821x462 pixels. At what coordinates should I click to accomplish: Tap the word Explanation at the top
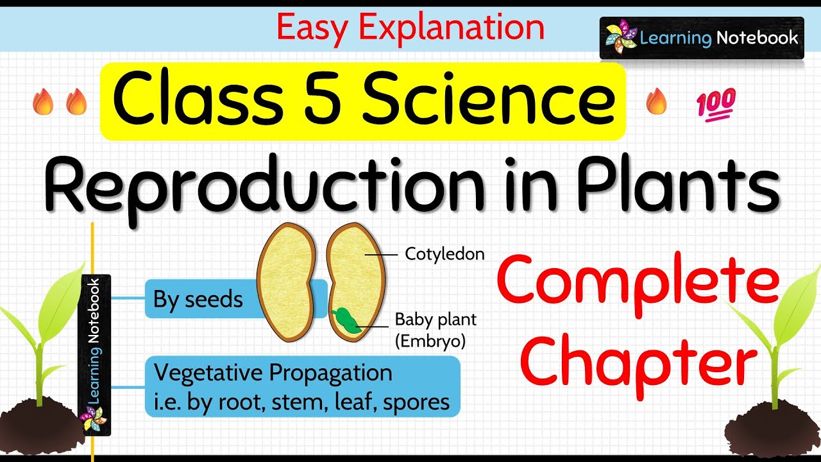coord(452,28)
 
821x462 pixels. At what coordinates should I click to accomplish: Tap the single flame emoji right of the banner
coord(656,102)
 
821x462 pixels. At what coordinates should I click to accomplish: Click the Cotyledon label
coord(444,255)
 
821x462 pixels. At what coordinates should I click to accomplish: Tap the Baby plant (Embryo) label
coord(436,329)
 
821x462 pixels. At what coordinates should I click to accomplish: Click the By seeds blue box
coord(199,300)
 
